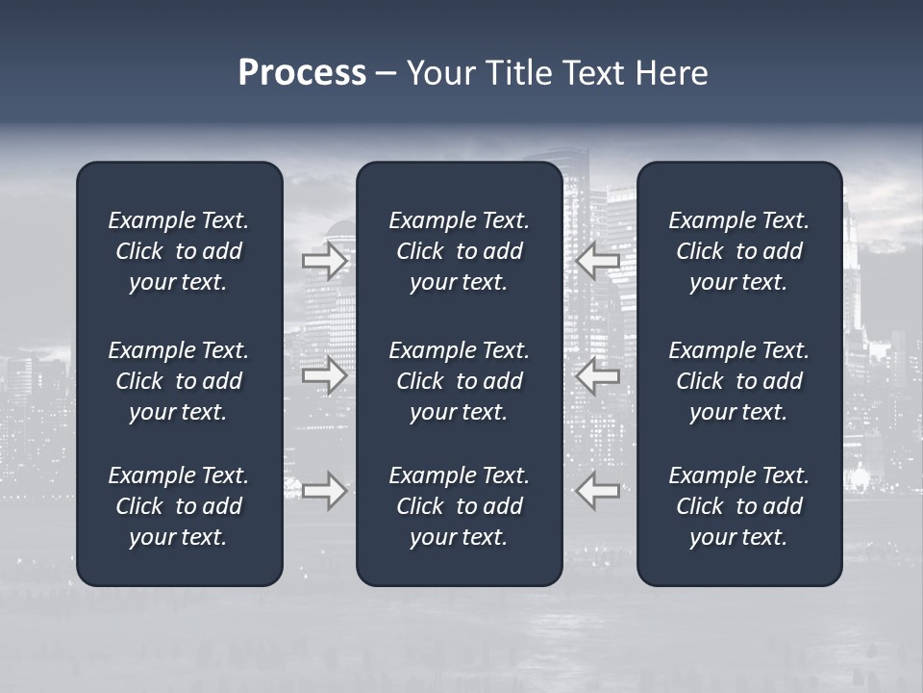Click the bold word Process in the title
[302, 73]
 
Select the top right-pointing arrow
[325, 260]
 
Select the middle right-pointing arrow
[325, 374]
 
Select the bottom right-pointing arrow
[325, 490]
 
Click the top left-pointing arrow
[598, 260]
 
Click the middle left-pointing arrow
[598, 374]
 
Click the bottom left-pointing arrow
[598, 490]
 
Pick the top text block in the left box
[179, 251]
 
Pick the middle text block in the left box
[179, 381]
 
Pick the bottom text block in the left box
[179, 506]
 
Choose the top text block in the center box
[460, 251]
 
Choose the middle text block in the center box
[460, 381]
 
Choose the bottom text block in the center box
[460, 506]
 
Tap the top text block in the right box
[739, 251]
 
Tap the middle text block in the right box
[739, 381]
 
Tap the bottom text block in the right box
[739, 506]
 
